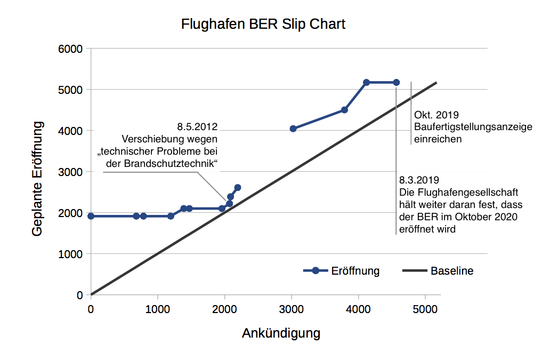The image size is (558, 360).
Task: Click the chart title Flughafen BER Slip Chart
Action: pos(263,25)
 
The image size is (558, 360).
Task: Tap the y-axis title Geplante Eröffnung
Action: pos(37,178)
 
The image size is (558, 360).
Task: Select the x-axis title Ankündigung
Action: pos(281,333)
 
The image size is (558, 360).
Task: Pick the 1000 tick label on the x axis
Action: pos(157,309)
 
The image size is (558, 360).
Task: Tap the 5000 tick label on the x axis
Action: pos(425,309)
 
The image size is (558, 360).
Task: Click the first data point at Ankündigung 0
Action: pos(91,216)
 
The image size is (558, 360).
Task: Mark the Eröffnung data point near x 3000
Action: pos(293,129)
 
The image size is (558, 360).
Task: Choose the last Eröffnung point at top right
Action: pos(396,82)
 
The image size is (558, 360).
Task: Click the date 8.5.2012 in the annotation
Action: pos(197,127)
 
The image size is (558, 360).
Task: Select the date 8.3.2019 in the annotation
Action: pos(418,180)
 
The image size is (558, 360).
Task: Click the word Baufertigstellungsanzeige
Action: pos(473,127)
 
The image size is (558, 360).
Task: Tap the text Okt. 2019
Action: pos(436,115)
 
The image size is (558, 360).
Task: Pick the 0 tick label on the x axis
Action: pos(91,309)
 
